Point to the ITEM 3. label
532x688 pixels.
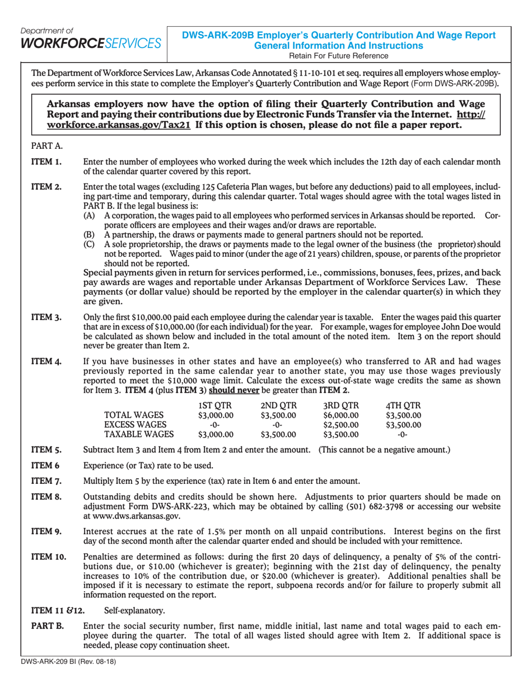(x=46, y=317)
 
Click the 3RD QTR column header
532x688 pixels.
(x=340, y=406)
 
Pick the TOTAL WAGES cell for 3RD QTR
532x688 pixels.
(x=340, y=415)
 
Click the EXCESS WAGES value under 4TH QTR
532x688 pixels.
(x=403, y=425)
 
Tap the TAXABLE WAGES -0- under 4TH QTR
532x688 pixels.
(x=403, y=434)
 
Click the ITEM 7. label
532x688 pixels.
(x=46, y=480)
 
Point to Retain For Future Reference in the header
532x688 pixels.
(x=339, y=55)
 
